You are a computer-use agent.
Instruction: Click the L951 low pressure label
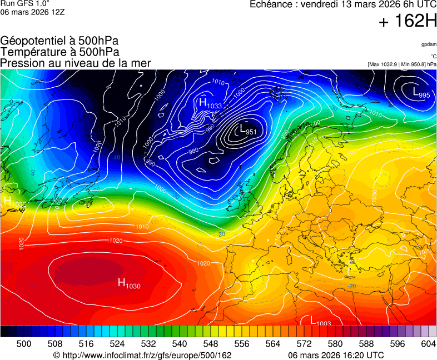247,131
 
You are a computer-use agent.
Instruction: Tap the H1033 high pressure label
210,104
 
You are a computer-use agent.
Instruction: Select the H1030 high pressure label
129,284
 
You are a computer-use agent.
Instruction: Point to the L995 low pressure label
421,93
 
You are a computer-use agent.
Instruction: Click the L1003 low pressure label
316,321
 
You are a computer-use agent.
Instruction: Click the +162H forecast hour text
407,22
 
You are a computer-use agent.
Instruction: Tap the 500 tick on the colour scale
23,344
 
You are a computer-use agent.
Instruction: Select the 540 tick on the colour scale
180,344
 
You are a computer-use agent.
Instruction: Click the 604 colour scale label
428,344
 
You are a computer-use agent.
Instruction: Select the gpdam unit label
428,44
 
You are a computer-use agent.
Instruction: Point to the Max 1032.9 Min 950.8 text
402,64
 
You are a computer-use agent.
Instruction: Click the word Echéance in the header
271,4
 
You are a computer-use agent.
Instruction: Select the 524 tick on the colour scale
117,344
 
